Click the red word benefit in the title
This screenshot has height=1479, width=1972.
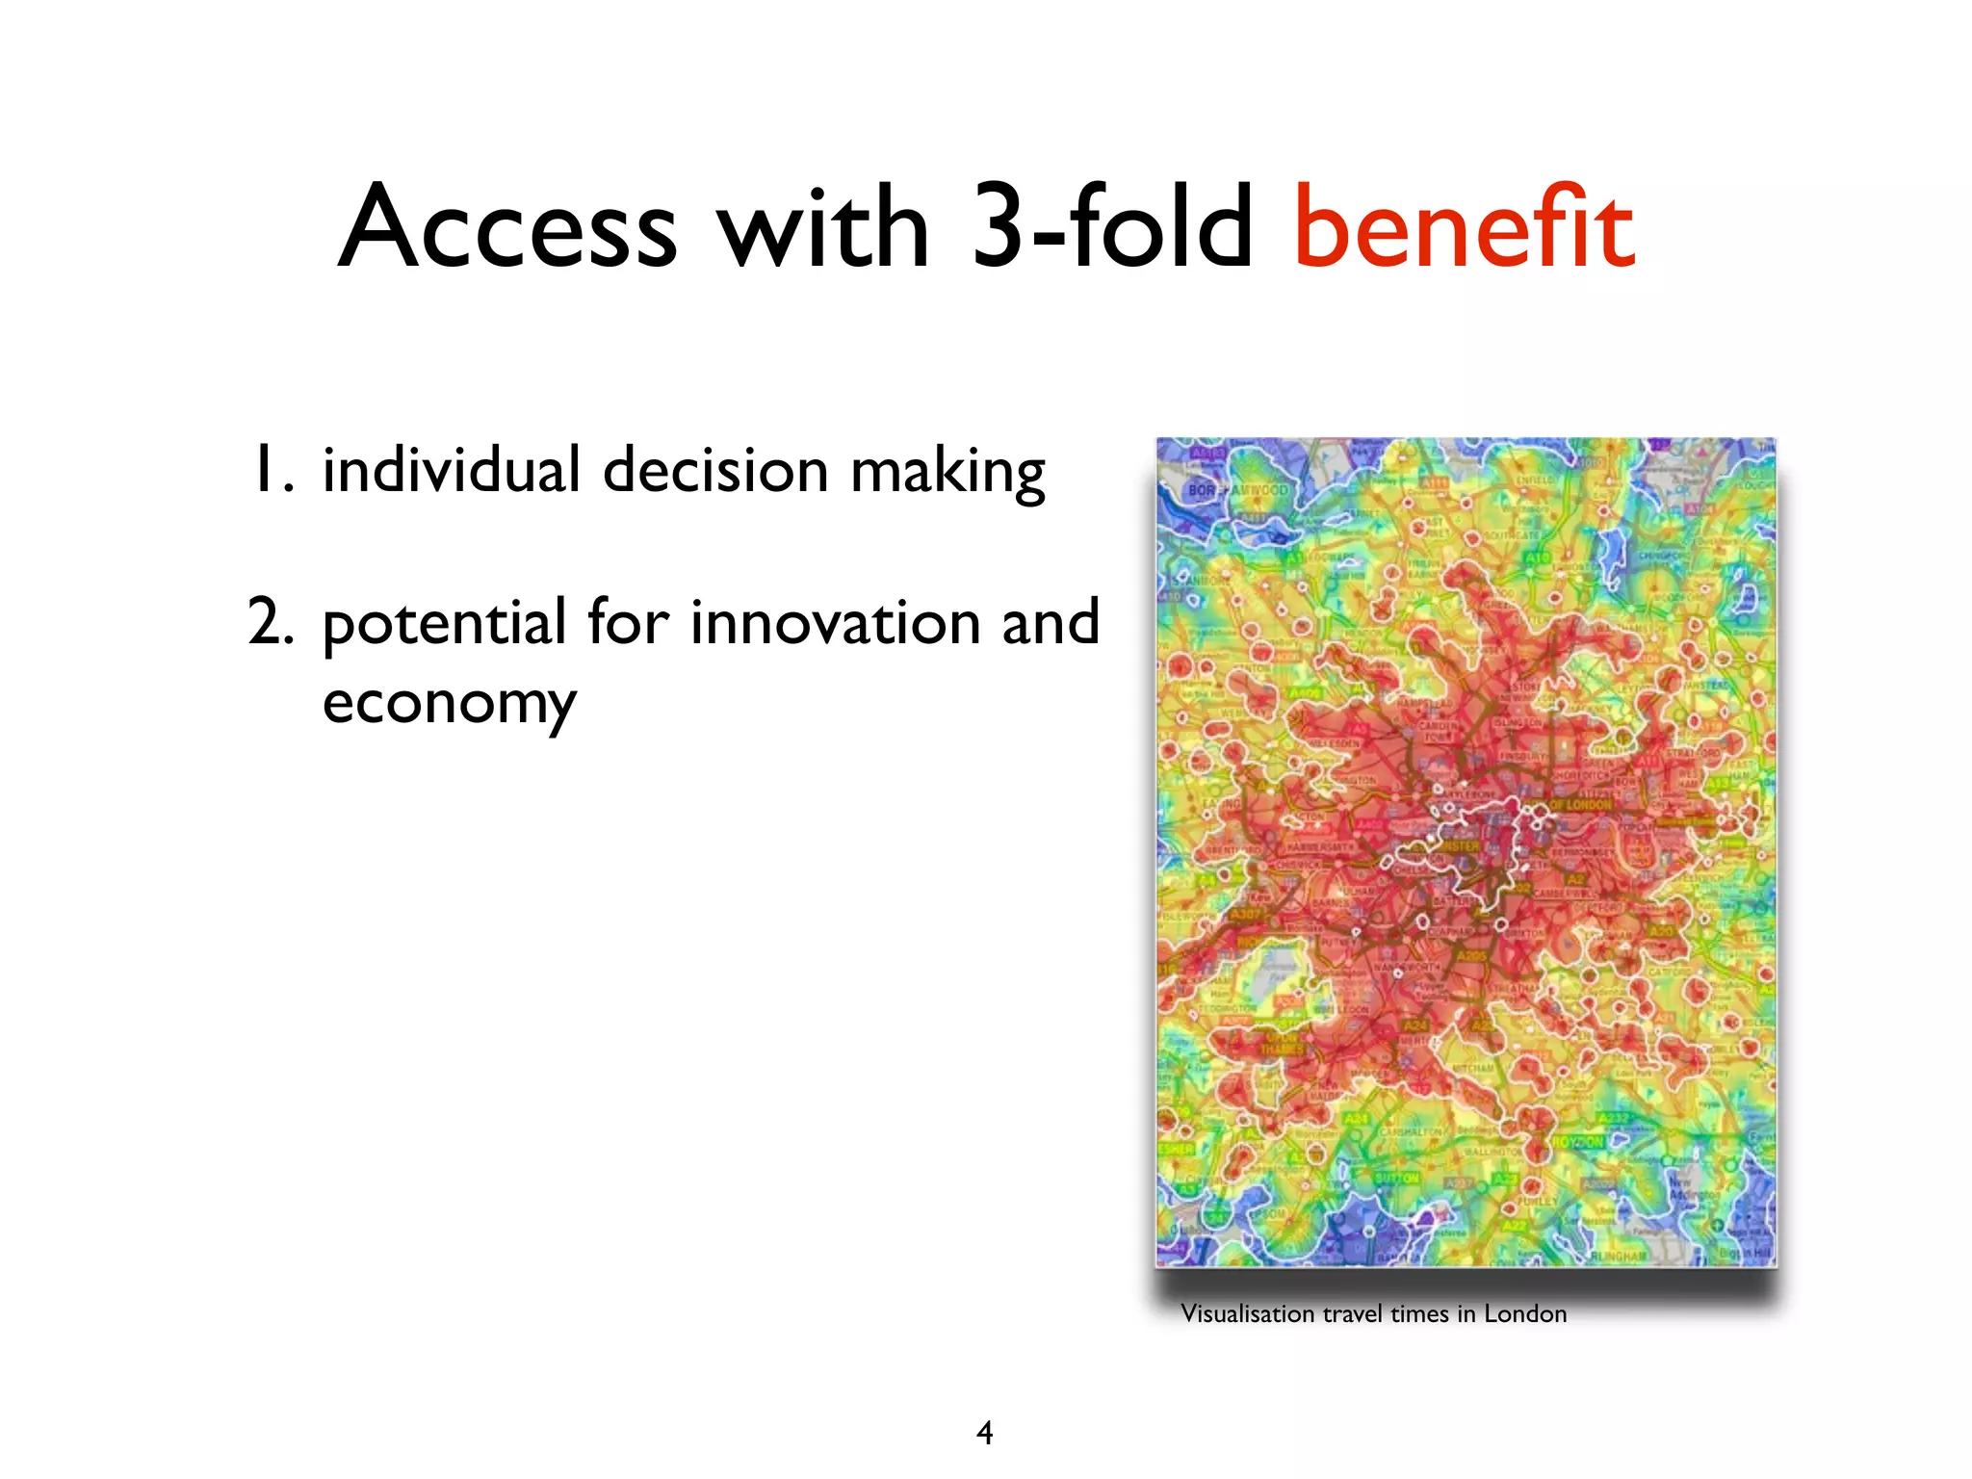[1464, 229]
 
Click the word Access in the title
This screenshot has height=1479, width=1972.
[508, 229]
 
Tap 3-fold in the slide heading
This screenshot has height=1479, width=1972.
[1112, 227]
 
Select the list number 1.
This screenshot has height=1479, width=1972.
[270, 470]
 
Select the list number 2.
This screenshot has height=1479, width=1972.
[270, 622]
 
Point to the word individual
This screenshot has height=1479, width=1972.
[451, 470]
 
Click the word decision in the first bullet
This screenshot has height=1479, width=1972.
[715, 470]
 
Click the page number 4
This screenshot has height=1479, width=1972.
[984, 1433]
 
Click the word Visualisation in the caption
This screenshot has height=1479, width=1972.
[1247, 1314]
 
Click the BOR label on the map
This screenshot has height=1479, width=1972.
[1203, 490]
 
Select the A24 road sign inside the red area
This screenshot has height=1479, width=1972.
[1414, 1026]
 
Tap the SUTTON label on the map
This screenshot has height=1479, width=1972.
[1397, 1178]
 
